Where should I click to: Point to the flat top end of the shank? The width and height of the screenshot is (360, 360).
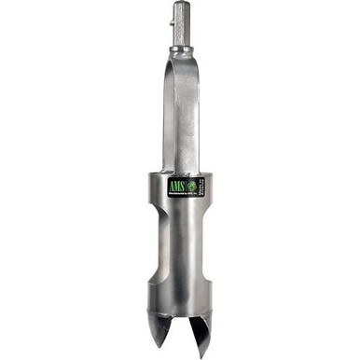[180, 4]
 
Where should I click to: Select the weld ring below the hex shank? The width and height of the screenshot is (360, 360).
[180, 54]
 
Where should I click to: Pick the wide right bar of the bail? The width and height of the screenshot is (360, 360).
[187, 112]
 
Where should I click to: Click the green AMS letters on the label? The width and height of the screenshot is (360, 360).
[174, 186]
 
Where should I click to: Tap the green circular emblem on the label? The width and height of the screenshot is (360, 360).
[190, 186]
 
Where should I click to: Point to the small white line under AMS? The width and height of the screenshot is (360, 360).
[175, 192]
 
